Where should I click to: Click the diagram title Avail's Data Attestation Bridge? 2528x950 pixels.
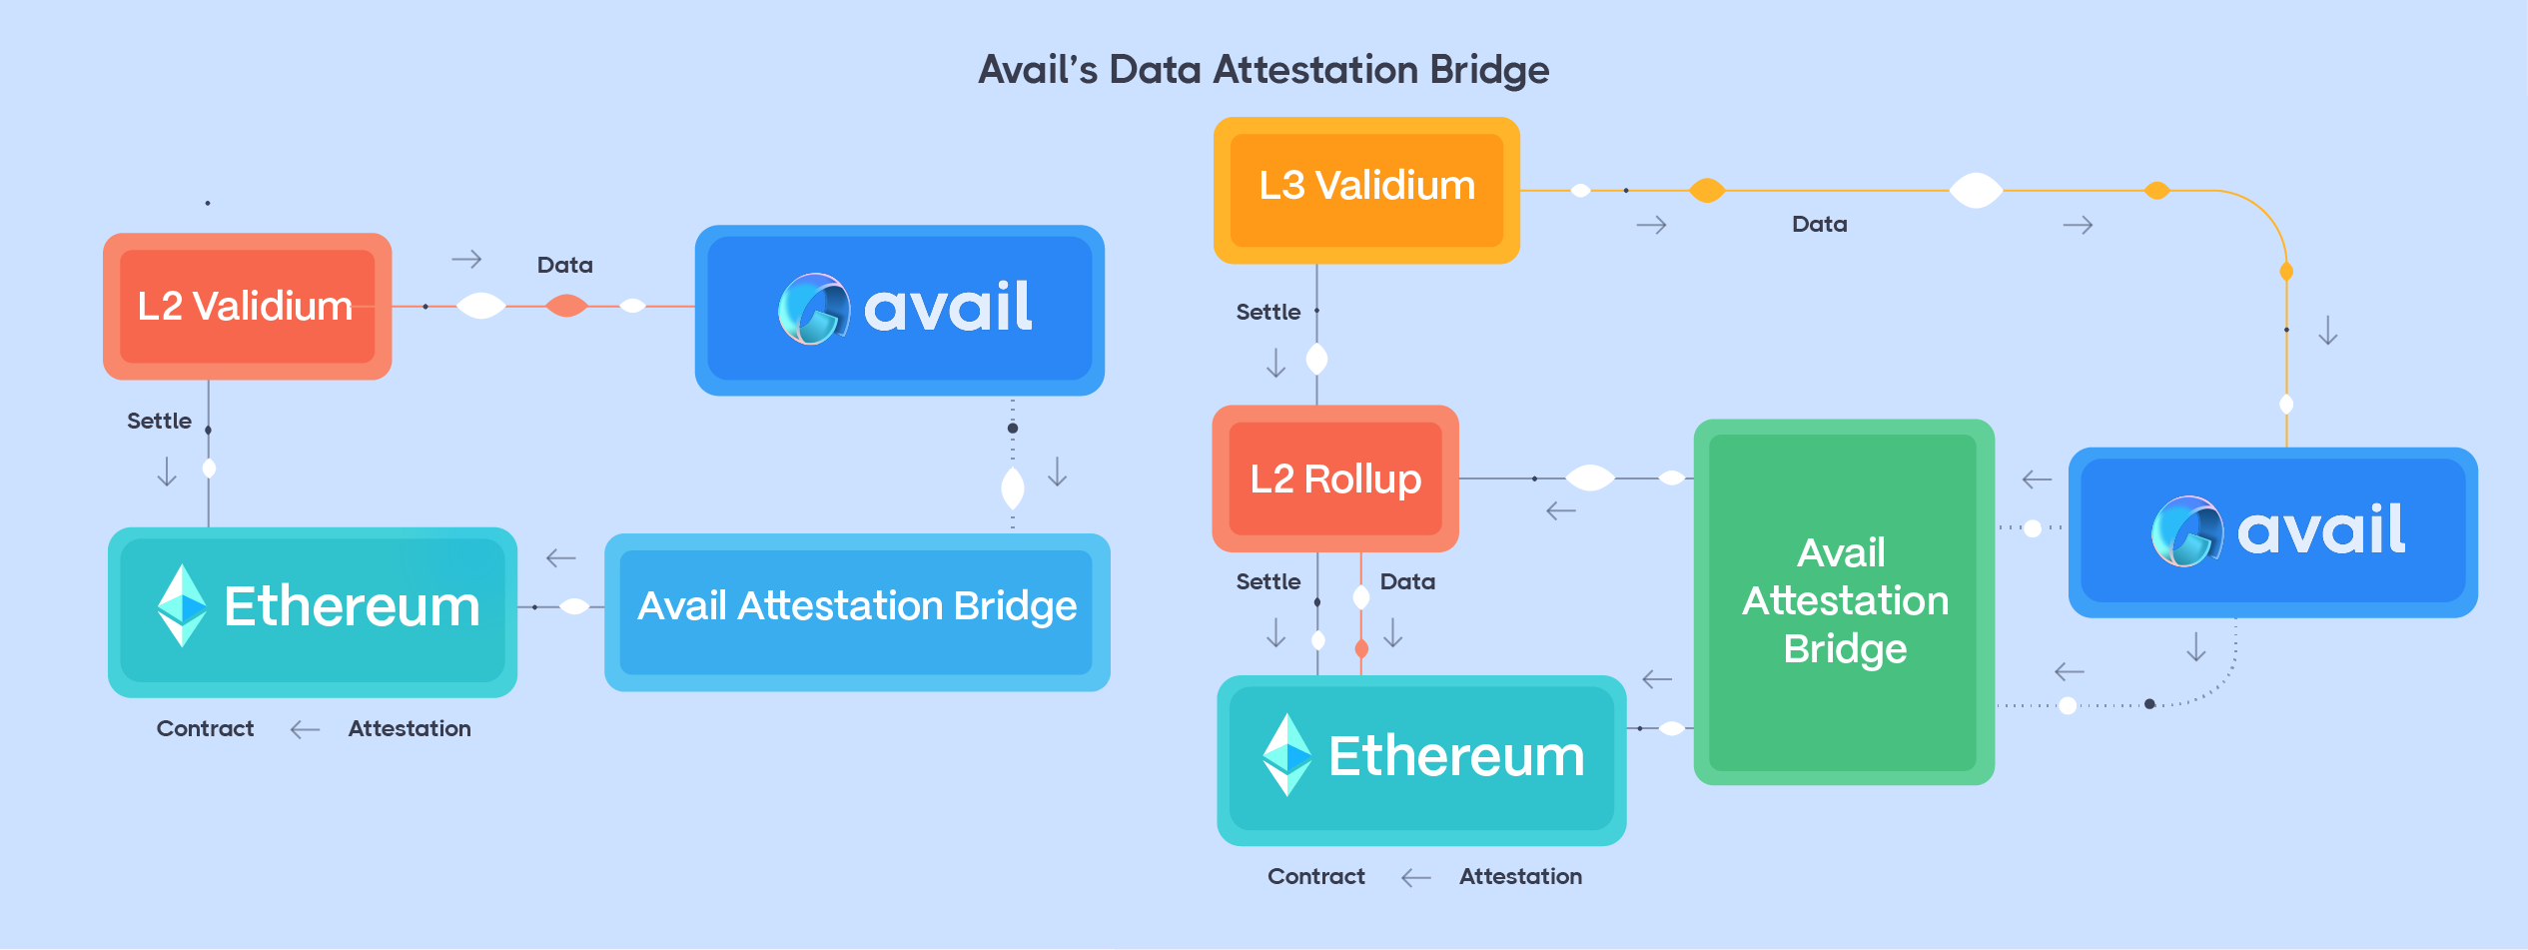click(1264, 70)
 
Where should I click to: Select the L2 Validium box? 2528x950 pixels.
click(247, 306)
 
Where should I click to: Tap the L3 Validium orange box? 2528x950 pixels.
click(1365, 187)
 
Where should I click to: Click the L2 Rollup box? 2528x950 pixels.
click(1334, 478)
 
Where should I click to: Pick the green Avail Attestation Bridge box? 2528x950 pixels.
click(1844, 601)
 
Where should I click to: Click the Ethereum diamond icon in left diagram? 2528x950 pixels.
click(182, 605)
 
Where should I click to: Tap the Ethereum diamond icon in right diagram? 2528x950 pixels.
click(1286, 755)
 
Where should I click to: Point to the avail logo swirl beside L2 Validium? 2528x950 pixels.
click(813, 308)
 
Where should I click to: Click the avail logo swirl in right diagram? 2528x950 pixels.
click(2185, 530)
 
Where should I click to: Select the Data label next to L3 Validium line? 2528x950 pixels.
click(1819, 225)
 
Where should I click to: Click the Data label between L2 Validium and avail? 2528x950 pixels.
click(564, 266)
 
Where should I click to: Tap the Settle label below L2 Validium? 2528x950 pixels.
click(159, 422)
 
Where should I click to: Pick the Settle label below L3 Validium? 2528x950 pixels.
click(1267, 313)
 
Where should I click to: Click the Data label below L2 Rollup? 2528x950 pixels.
click(1407, 582)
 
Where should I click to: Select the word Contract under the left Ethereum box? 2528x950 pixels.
click(205, 729)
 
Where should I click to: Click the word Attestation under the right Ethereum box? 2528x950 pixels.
click(1520, 877)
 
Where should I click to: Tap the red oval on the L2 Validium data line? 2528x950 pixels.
click(566, 306)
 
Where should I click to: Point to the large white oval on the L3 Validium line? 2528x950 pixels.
click(1976, 190)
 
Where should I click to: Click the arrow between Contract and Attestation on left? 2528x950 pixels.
click(305, 730)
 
